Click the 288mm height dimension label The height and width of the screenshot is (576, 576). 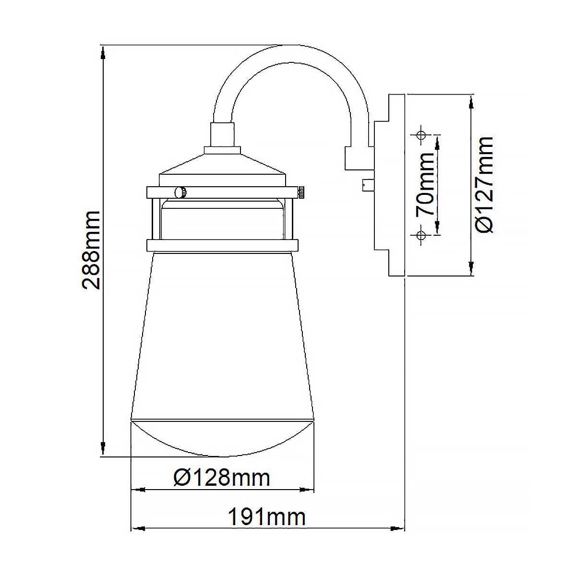click(91, 250)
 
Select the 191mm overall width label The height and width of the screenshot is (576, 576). click(266, 517)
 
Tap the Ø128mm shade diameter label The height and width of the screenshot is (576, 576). click(222, 478)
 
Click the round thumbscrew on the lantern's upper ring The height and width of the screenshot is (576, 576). click(181, 192)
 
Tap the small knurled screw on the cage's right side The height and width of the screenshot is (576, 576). click(300, 193)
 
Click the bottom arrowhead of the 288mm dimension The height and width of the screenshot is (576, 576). click(103, 449)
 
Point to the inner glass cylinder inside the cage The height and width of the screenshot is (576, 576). click(222, 218)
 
